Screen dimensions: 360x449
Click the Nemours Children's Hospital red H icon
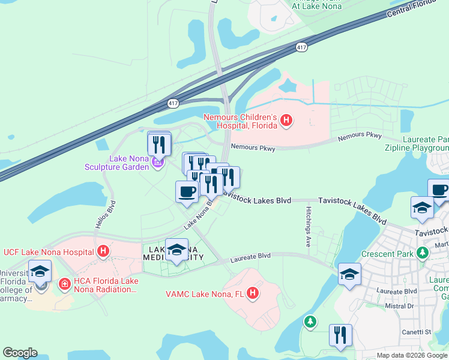point(286,121)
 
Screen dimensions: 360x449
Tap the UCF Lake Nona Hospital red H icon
point(103,251)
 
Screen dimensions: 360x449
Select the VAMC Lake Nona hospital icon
point(253,293)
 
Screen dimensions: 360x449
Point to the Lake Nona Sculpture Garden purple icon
point(157,162)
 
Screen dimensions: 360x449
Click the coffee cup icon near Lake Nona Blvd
point(187,191)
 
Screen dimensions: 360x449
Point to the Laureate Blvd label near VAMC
point(250,256)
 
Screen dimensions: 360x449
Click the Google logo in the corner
point(20,353)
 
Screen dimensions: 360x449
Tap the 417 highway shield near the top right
point(301,47)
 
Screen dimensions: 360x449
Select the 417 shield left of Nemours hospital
point(173,103)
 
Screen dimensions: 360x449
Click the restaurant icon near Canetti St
point(340,337)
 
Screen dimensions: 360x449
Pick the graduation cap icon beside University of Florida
point(40,272)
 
